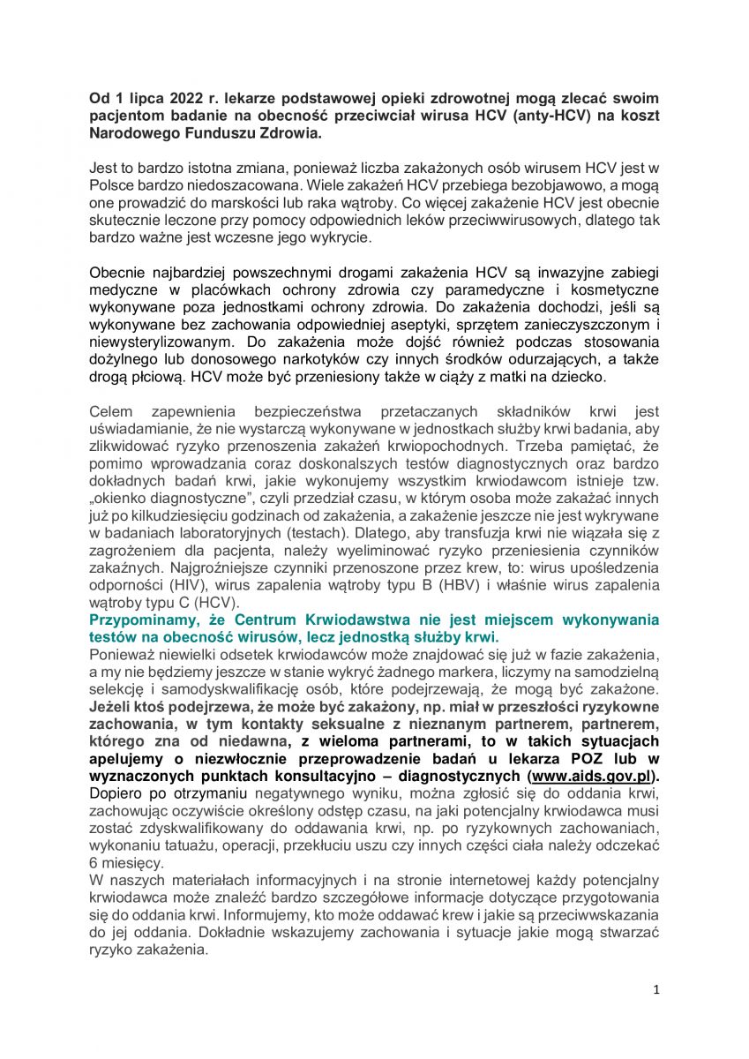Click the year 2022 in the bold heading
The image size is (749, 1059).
[x=187, y=97]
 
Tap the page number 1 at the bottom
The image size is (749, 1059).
[x=656, y=990]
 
